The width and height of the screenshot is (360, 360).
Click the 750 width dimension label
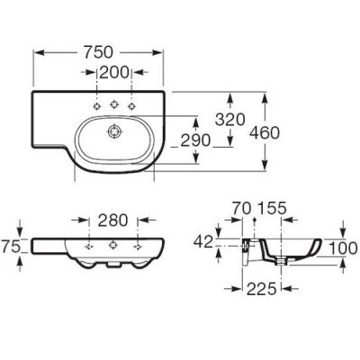98,52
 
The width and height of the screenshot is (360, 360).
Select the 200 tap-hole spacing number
114,73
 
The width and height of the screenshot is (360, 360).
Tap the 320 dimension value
230,120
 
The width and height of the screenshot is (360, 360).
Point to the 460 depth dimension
265,132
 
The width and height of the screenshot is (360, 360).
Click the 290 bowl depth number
195,140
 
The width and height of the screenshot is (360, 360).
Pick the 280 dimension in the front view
113,220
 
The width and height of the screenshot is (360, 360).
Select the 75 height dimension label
11,247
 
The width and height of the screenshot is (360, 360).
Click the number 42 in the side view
203,242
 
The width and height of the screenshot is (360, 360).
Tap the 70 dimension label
241,209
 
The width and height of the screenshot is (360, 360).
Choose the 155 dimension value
272,209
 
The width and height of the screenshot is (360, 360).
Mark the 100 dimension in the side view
343,248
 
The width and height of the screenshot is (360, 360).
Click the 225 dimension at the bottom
261,289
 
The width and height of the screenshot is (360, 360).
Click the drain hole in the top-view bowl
114,131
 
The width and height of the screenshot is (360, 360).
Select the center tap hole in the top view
114,104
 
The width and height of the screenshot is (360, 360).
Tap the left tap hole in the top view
97,106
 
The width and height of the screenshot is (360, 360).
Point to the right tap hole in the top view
131,106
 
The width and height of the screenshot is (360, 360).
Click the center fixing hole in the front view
113,245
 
